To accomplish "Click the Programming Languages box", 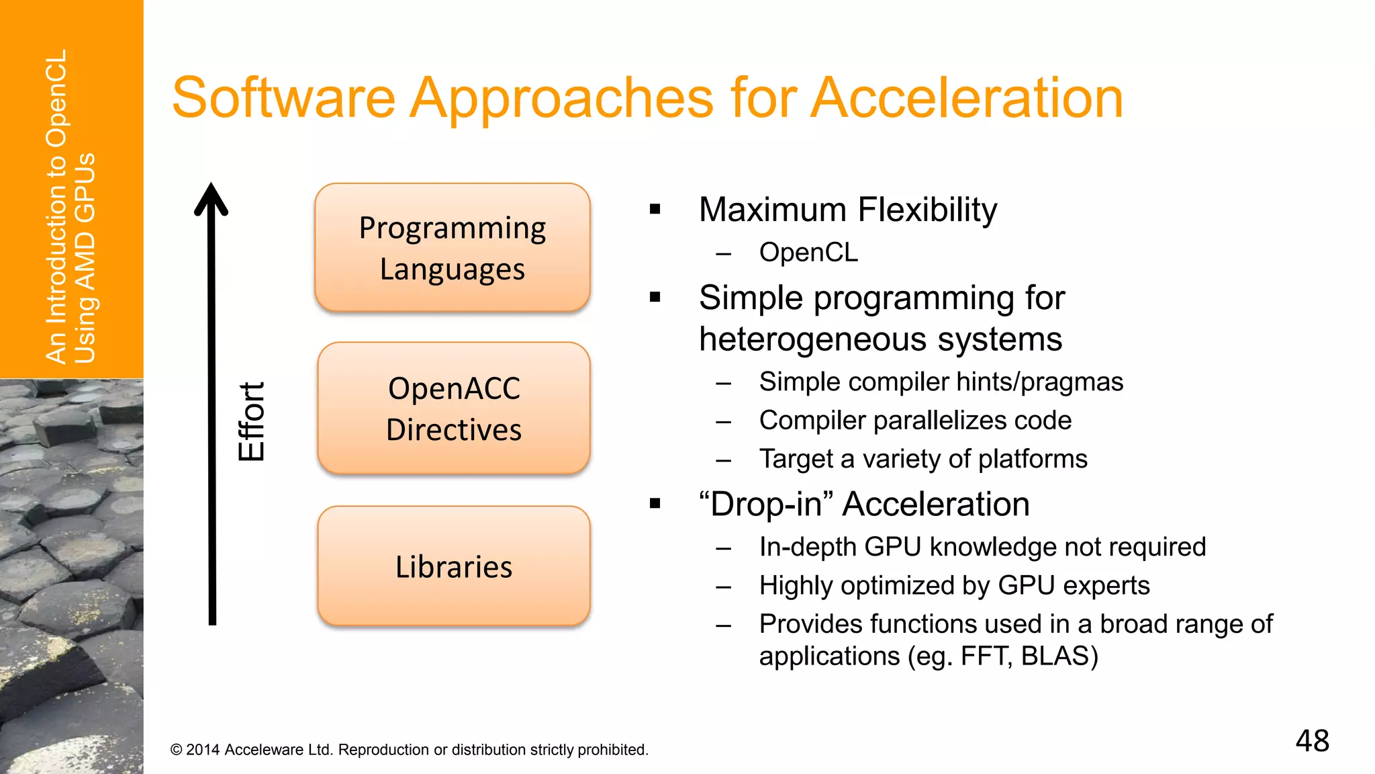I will [453, 247].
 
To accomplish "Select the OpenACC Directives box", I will [454, 408].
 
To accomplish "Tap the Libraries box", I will [454, 566].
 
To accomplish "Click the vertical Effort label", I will [252, 421].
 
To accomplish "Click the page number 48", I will [1312, 741].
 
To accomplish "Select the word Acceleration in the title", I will [967, 98].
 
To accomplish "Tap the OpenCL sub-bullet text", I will [808, 253].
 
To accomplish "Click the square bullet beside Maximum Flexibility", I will [655, 210].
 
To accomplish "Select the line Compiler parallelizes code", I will [915, 421].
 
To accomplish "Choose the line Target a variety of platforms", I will [923, 459].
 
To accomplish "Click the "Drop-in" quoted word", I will [765, 504].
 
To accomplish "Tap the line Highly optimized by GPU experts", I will [954, 585].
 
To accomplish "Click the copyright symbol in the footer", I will [177, 750].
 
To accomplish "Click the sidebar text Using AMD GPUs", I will [85, 259].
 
